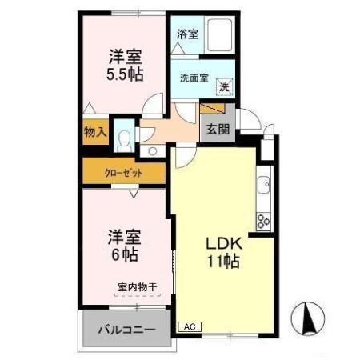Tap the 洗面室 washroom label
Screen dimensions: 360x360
194,78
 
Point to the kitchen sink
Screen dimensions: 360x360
263,188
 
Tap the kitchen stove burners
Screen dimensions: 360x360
262,218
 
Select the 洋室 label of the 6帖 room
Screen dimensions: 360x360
126,237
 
